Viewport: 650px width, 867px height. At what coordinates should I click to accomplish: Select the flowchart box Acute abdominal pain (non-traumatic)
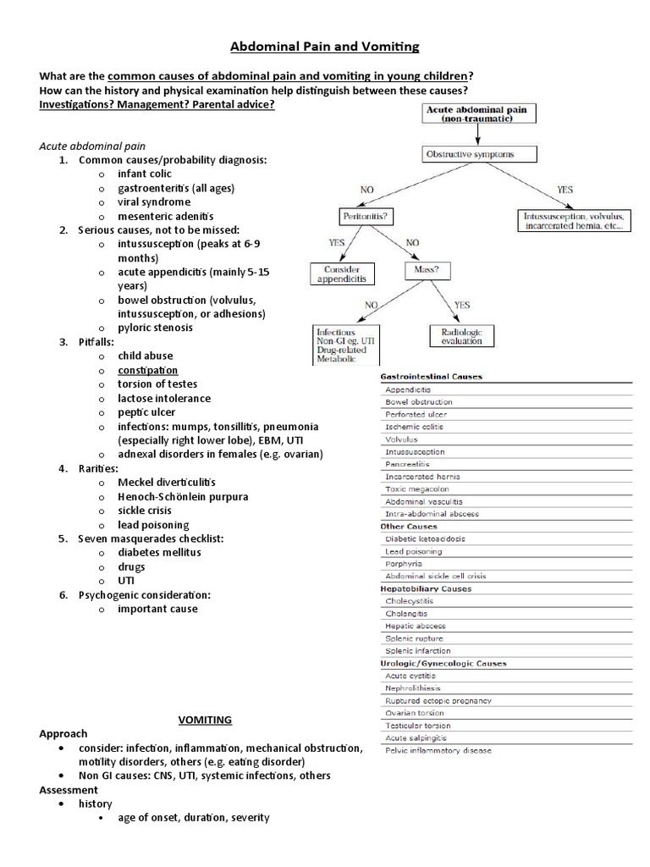pos(468,113)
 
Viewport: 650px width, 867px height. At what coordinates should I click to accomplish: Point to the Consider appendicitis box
pos(344,273)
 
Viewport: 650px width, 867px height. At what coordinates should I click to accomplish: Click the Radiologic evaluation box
pos(461,335)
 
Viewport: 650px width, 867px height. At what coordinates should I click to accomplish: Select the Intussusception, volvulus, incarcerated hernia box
pos(573,221)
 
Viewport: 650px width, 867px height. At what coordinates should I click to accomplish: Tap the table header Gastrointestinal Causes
pos(432,376)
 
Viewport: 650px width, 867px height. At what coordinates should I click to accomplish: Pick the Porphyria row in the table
pos(405,563)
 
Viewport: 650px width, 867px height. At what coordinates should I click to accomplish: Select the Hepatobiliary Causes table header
pos(427,588)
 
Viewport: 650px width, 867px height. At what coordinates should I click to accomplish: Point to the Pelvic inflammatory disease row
pos(438,750)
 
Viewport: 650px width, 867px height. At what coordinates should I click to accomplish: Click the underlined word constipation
pos(148,370)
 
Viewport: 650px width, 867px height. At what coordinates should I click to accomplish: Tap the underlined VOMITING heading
pos(204,720)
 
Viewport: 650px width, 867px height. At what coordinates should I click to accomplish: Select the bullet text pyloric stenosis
pos(155,327)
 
